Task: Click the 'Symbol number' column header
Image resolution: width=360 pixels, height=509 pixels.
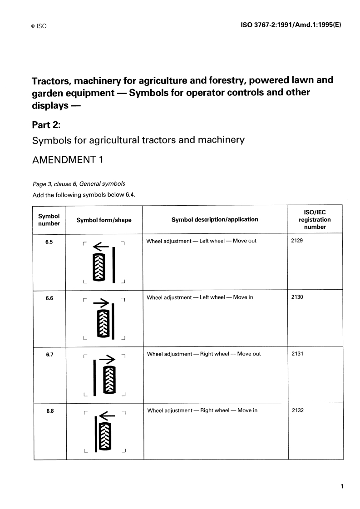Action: coord(49,220)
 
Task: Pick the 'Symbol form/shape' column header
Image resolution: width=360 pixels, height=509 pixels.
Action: coord(104,220)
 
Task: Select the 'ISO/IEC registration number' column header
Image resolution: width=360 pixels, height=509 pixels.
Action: coord(315,219)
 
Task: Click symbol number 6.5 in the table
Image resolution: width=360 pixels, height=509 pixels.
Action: coord(49,242)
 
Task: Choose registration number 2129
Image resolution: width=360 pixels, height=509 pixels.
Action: coord(297,241)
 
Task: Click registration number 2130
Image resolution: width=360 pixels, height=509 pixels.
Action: coord(297,297)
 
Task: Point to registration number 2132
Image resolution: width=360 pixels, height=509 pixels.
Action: coord(298,410)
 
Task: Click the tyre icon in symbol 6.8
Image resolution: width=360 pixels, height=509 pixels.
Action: coord(105,436)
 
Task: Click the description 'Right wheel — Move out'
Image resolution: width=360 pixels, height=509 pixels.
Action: coord(204,354)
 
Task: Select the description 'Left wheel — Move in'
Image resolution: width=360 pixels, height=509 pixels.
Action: coord(200,297)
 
